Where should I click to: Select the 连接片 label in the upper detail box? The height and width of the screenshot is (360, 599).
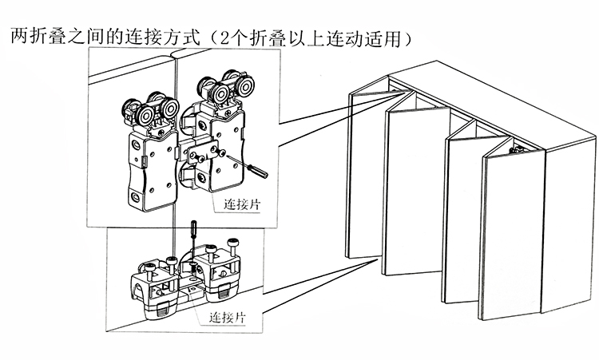point(237,205)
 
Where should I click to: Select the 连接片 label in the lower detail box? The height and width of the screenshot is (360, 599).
point(227,317)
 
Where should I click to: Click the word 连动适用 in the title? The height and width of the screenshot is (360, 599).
point(373,37)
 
